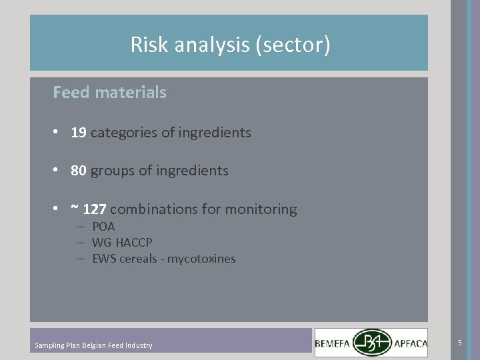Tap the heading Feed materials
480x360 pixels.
(109, 93)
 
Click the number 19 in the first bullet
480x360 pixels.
(79, 133)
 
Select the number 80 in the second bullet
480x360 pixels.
(79, 171)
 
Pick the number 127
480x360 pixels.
(95, 209)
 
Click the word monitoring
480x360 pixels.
(261, 209)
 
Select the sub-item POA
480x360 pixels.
(103, 227)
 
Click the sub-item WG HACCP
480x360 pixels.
(122, 243)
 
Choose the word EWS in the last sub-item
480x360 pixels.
(103, 259)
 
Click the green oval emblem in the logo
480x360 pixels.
(373, 343)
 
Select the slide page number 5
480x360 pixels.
(459, 343)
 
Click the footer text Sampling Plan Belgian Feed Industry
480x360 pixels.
(93, 345)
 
